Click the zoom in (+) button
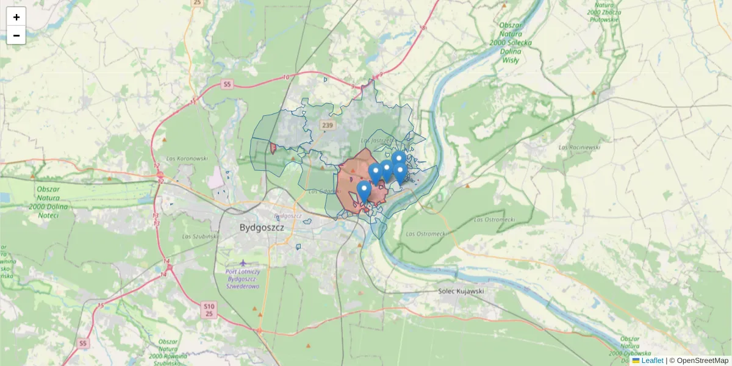[x=16, y=17]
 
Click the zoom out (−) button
[x=16, y=35]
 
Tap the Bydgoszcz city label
[x=262, y=228]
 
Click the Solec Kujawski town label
[x=461, y=291]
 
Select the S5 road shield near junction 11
[x=227, y=84]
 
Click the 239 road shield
[x=328, y=126]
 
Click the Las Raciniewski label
[x=579, y=147]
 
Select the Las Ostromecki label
[x=426, y=233]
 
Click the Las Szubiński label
[x=199, y=236]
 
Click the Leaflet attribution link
[x=652, y=361]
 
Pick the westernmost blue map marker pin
[x=364, y=190]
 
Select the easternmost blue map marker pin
[x=400, y=172]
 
